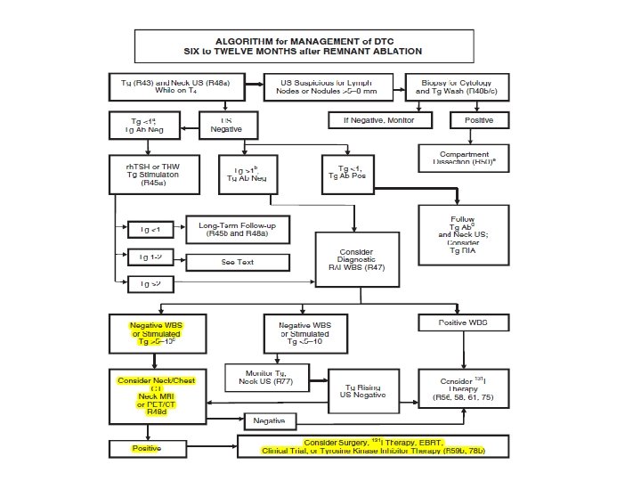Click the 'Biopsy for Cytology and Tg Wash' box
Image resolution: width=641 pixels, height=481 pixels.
click(x=457, y=84)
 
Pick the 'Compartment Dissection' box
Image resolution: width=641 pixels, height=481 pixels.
click(x=463, y=158)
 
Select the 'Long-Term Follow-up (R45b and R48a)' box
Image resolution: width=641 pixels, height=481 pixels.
click(x=238, y=230)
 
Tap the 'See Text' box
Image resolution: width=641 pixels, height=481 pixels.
click(x=238, y=262)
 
